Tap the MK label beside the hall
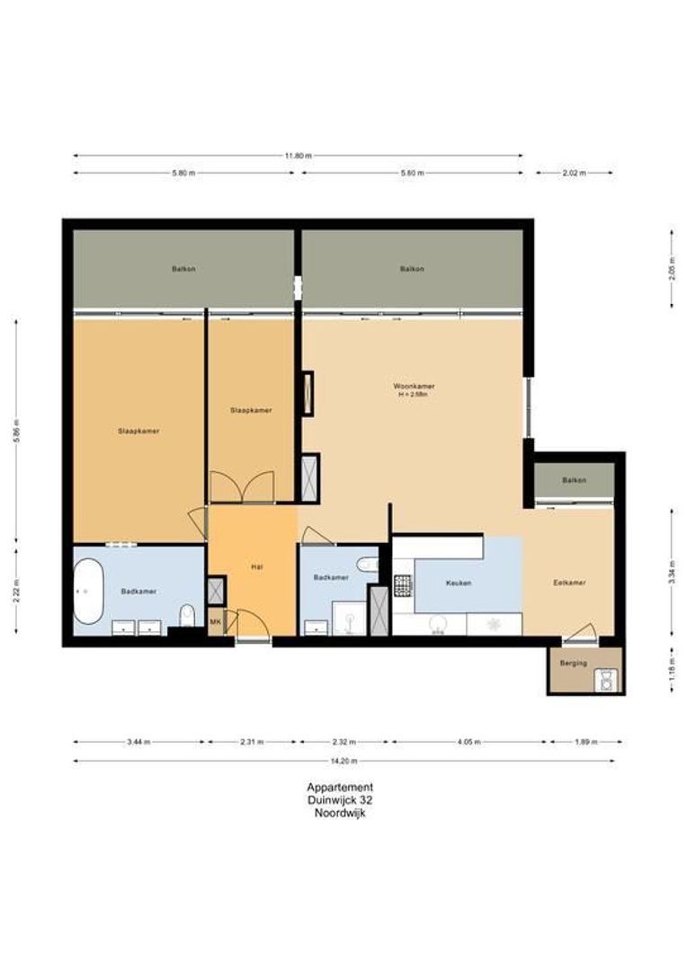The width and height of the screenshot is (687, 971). coord(215,621)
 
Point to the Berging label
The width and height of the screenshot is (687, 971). coord(573,663)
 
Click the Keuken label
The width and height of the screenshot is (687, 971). coord(459,583)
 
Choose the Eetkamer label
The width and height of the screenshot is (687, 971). coord(569,583)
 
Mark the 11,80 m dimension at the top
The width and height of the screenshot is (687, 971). coord(298,156)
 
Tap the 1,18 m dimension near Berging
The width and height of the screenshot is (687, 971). coord(672,669)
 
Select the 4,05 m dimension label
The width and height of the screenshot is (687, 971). coord(468,743)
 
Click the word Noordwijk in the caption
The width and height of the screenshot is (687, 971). coord(340,813)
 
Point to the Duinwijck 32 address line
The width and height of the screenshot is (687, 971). coord(340,800)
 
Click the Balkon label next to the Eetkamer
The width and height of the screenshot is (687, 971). coord(574,480)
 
